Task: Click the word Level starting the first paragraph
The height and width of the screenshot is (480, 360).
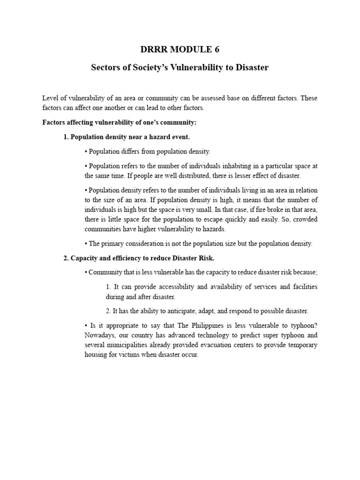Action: (50, 98)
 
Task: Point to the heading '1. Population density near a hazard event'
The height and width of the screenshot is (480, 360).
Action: (127, 137)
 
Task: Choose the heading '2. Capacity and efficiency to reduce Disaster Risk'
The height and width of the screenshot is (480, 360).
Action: (139, 258)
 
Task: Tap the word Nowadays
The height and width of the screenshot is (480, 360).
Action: (100, 335)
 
